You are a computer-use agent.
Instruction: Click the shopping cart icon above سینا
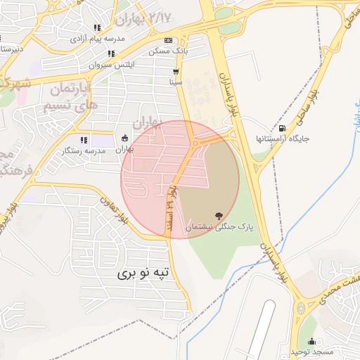pos(175,72)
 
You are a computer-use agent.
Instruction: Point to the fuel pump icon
pos(282,128)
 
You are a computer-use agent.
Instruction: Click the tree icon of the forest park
pos(219,214)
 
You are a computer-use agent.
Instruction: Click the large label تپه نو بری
pos(143,272)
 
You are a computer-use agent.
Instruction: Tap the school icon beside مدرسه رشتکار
pos(84,140)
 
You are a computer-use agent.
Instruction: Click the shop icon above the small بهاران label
pos(125,138)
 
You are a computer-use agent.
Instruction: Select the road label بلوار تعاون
pos(114,209)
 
